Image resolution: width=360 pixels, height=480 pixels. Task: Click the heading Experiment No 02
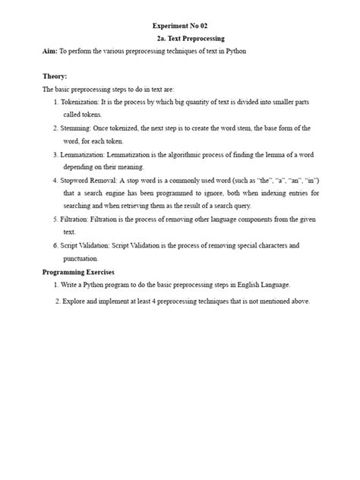click(x=179, y=25)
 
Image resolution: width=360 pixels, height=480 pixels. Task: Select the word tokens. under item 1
click(x=77, y=114)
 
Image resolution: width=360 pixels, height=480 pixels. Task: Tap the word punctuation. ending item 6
click(x=83, y=258)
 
